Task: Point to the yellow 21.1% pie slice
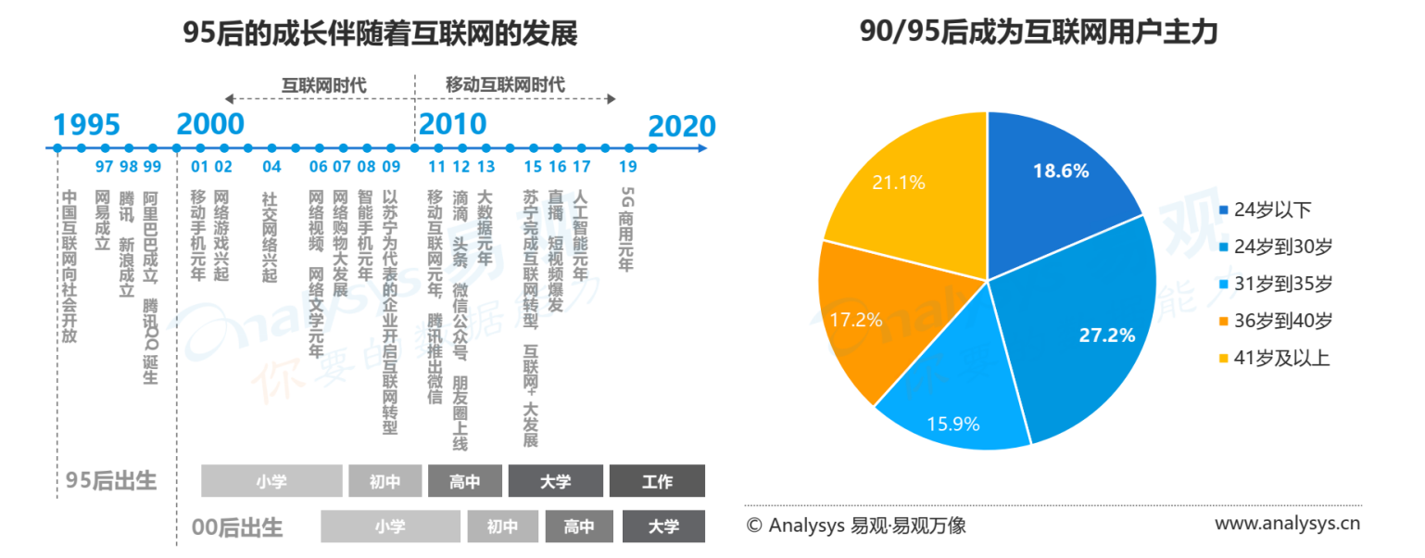click(903, 185)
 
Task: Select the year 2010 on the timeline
click(452, 124)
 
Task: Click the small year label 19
click(628, 167)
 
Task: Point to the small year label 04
click(271, 167)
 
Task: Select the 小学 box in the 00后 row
click(390, 526)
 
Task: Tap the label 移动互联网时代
click(505, 85)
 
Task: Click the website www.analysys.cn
click(1287, 525)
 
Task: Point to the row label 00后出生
click(237, 527)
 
